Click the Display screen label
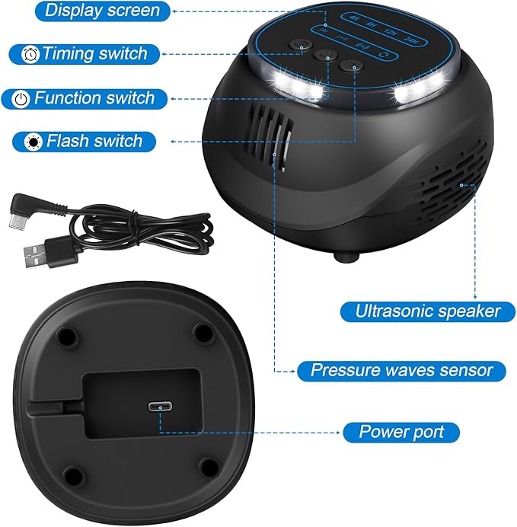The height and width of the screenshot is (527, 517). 103,10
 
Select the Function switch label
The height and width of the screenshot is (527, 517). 94,98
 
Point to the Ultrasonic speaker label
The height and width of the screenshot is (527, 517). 429,311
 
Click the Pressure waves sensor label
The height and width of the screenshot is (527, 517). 401,371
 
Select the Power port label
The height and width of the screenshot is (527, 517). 401,433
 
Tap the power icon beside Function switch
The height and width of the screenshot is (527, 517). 22,99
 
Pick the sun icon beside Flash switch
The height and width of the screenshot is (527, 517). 34,142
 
